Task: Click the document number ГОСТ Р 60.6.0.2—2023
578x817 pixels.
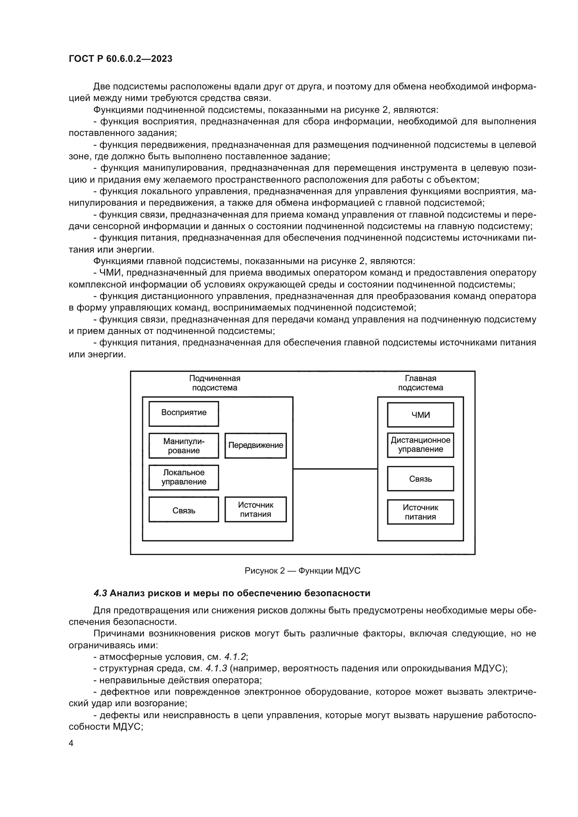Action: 120,59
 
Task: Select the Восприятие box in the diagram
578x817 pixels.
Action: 184,414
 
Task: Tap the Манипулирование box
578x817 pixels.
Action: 184,445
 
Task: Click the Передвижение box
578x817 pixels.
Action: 255,445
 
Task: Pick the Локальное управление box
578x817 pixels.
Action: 184,477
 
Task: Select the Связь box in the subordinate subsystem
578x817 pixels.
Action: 184,510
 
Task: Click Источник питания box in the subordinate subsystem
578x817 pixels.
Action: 255,510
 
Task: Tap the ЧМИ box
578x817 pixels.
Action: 420,415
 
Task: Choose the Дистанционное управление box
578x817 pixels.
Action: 420,445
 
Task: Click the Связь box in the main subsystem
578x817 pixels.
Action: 420,479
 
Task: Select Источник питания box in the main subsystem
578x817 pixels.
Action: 420,512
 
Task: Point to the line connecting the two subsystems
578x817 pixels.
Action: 335,469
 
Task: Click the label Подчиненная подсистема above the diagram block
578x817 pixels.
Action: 215,383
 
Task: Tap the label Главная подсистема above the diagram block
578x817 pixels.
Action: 420,383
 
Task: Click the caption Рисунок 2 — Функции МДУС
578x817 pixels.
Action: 303,571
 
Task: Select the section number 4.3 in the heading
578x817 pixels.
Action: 100,593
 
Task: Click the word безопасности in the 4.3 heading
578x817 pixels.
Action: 341,593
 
